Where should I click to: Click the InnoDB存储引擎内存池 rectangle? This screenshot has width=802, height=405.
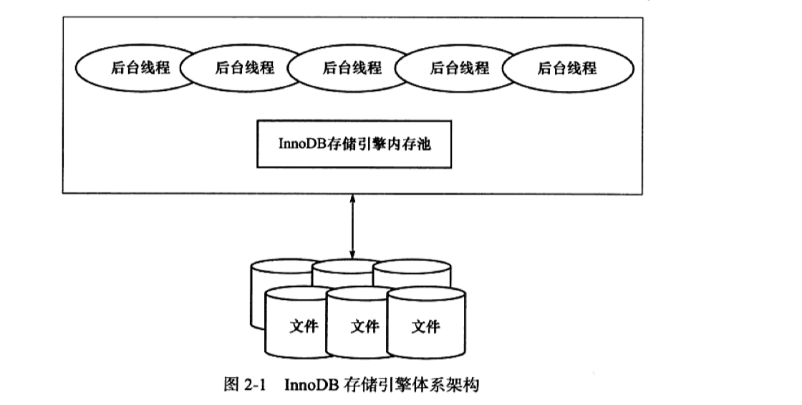(x=354, y=145)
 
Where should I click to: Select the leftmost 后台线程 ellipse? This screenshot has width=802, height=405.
(x=136, y=69)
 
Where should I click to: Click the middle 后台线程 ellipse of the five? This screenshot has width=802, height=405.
(x=352, y=69)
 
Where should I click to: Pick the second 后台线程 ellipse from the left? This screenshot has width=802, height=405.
(x=244, y=69)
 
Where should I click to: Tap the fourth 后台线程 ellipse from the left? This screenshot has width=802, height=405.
(x=459, y=69)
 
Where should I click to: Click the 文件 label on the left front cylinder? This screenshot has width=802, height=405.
(x=303, y=327)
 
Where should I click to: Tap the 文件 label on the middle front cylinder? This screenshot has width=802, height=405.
(x=364, y=327)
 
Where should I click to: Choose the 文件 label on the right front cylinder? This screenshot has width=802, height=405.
(x=425, y=327)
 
